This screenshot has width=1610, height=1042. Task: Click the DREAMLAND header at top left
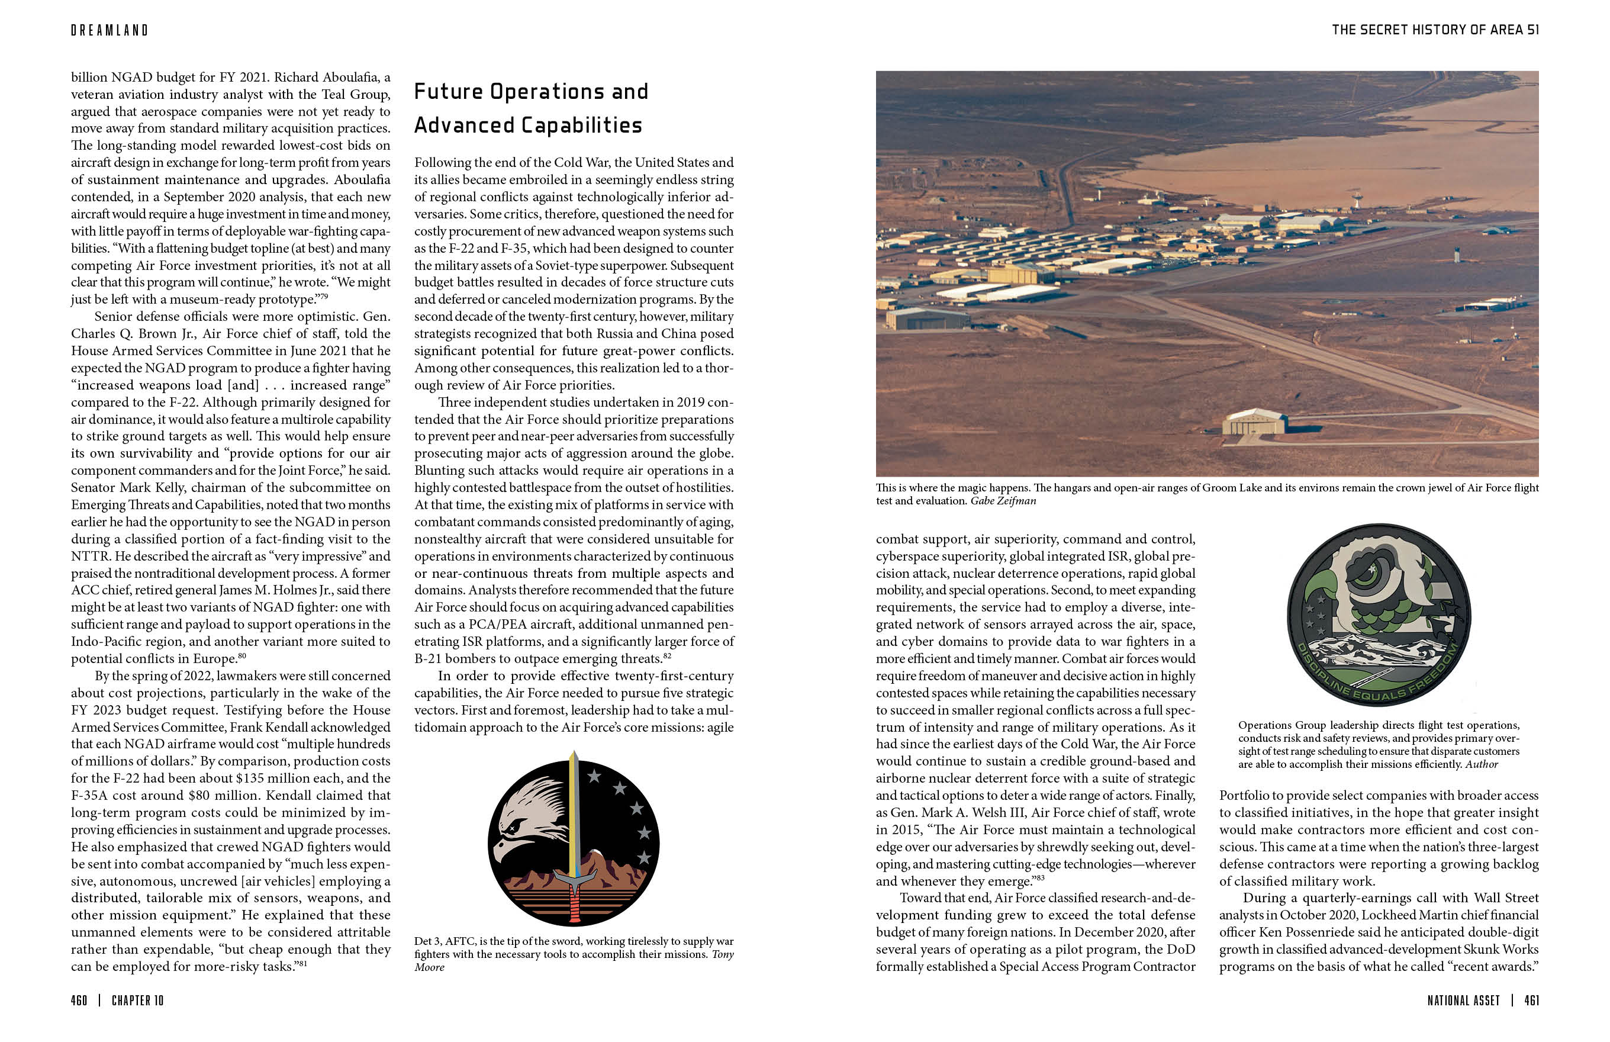pyautogui.click(x=110, y=30)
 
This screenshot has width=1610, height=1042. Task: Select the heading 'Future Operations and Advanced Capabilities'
pyautogui.click(x=531, y=108)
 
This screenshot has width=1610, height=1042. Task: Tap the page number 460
pyautogui.click(x=79, y=1000)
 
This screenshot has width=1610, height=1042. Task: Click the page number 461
pyautogui.click(x=1531, y=1000)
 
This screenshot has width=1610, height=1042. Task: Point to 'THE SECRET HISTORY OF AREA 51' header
pyautogui.click(x=1435, y=30)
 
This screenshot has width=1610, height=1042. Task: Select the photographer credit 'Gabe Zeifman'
pyautogui.click(x=1003, y=501)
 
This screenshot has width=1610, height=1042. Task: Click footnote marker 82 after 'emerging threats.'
pyautogui.click(x=667, y=655)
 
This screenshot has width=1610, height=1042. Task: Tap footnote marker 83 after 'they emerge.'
pyautogui.click(x=1041, y=878)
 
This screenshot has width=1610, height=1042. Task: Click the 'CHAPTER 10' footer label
pyautogui.click(x=137, y=1000)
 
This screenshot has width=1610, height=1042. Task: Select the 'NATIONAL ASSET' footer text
pyautogui.click(x=1463, y=1000)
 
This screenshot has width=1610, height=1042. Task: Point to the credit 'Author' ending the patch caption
pyautogui.click(x=1482, y=764)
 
